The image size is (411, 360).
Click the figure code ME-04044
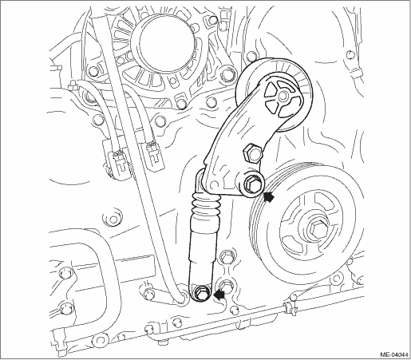(394, 355)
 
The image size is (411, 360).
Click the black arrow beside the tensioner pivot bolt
(269, 197)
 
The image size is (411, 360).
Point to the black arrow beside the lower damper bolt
(219, 295)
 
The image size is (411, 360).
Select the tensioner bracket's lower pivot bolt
(251, 183)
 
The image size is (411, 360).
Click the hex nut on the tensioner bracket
(252, 153)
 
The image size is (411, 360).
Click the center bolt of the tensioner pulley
(283, 95)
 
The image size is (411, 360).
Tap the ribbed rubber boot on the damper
(205, 205)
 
